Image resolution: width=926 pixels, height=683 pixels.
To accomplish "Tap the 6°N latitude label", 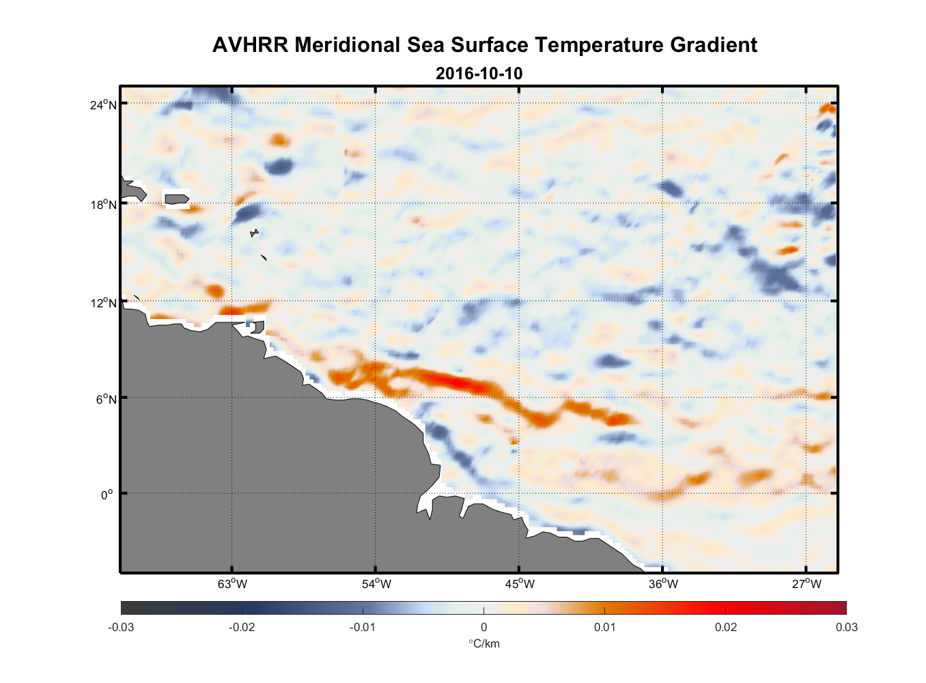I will (106, 399).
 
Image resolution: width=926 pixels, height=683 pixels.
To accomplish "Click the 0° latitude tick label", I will (107, 494).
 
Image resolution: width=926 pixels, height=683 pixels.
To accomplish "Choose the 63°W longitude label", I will (232, 584).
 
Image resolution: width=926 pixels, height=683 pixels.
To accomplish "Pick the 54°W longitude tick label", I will (376, 584).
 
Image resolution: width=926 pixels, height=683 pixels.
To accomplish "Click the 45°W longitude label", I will (520, 584).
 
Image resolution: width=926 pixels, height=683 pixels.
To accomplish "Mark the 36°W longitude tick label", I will (663, 584).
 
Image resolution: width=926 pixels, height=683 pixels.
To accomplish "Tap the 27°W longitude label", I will (806, 584).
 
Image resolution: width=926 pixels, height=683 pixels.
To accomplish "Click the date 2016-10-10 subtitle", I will (479, 73).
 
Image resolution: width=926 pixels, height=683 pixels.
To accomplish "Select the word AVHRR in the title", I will (250, 45).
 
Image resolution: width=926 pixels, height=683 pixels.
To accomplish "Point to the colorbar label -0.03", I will (121, 627).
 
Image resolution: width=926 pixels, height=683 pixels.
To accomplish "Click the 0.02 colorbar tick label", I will (726, 627).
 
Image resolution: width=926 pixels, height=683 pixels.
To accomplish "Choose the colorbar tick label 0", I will (483, 627).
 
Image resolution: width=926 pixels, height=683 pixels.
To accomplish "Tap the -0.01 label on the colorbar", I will (362, 627).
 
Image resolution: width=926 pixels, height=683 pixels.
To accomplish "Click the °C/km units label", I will (483, 643).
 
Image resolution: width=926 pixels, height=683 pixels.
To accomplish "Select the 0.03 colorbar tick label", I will (846, 627).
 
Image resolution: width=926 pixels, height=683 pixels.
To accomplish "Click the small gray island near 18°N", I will (176, 199).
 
